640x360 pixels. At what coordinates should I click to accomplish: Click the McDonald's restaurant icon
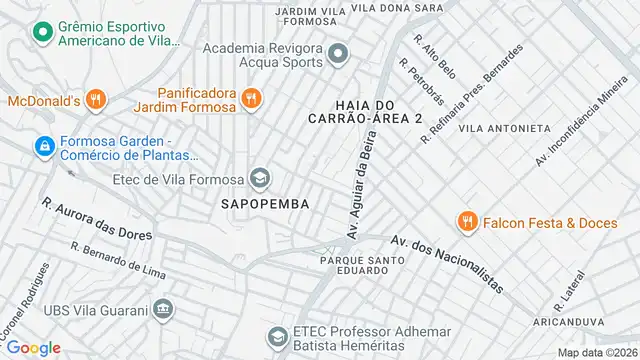[95, 99]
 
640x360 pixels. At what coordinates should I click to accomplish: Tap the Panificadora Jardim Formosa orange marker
[251, 99]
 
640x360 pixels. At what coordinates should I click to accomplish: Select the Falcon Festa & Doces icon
[466, 222]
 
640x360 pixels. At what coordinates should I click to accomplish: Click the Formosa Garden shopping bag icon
[43, 147]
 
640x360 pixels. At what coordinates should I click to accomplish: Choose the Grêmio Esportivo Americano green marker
[43, 32]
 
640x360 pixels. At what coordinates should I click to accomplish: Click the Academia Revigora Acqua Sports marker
[339, 54]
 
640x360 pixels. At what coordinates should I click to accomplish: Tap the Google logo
[33, 347]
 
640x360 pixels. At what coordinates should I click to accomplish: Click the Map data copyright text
[597, 352]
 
